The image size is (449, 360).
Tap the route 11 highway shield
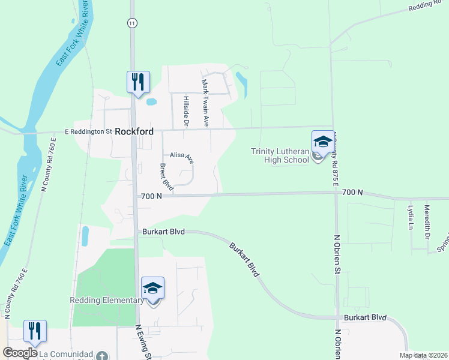(x=131, y=22)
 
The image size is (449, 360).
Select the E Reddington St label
(x=88, y=131)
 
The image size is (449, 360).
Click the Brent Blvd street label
(x=166, y=176)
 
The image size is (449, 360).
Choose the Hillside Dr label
(x=187, y=111)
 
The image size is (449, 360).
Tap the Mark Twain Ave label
(x=205, y=103)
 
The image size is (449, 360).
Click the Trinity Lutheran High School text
(x=280, y=155)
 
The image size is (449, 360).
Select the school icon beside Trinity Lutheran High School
(x=323, y=142)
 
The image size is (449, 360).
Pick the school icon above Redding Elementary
(x=152, y=289)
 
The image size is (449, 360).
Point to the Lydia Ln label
(x=411, y=217)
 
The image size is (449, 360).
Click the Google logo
(x=20, y=353)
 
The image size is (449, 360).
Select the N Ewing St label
(x=143, y=342)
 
